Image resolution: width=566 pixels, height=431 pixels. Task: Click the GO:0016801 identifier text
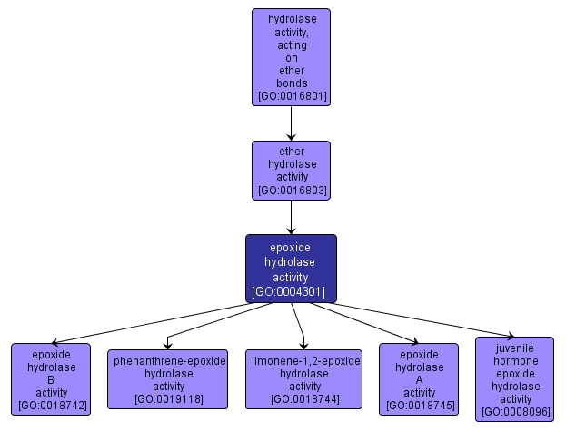pos(291,96)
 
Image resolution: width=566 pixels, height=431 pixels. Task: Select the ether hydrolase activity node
pos(291,171)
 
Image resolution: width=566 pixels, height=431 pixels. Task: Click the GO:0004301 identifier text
pos(291,291)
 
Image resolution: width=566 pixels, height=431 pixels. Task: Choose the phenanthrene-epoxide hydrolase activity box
pos(169,379)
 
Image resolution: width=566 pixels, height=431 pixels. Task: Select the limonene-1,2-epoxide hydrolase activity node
pos(305,379)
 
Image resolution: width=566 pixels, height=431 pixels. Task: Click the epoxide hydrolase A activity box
pos(418,379)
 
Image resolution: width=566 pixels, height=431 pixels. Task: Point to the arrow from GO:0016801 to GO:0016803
pos(291,122)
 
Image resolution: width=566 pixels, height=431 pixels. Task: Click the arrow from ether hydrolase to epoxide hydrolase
pos(291,217)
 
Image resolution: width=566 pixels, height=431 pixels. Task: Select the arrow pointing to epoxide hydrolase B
pos(164,322)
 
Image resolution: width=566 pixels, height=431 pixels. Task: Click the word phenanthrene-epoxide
pos(169,360)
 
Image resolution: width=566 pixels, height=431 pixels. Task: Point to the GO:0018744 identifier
pos(305,398)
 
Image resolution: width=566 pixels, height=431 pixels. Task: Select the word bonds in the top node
pos(291,83)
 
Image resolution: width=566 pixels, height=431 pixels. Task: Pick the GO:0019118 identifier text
pos(169,398)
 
